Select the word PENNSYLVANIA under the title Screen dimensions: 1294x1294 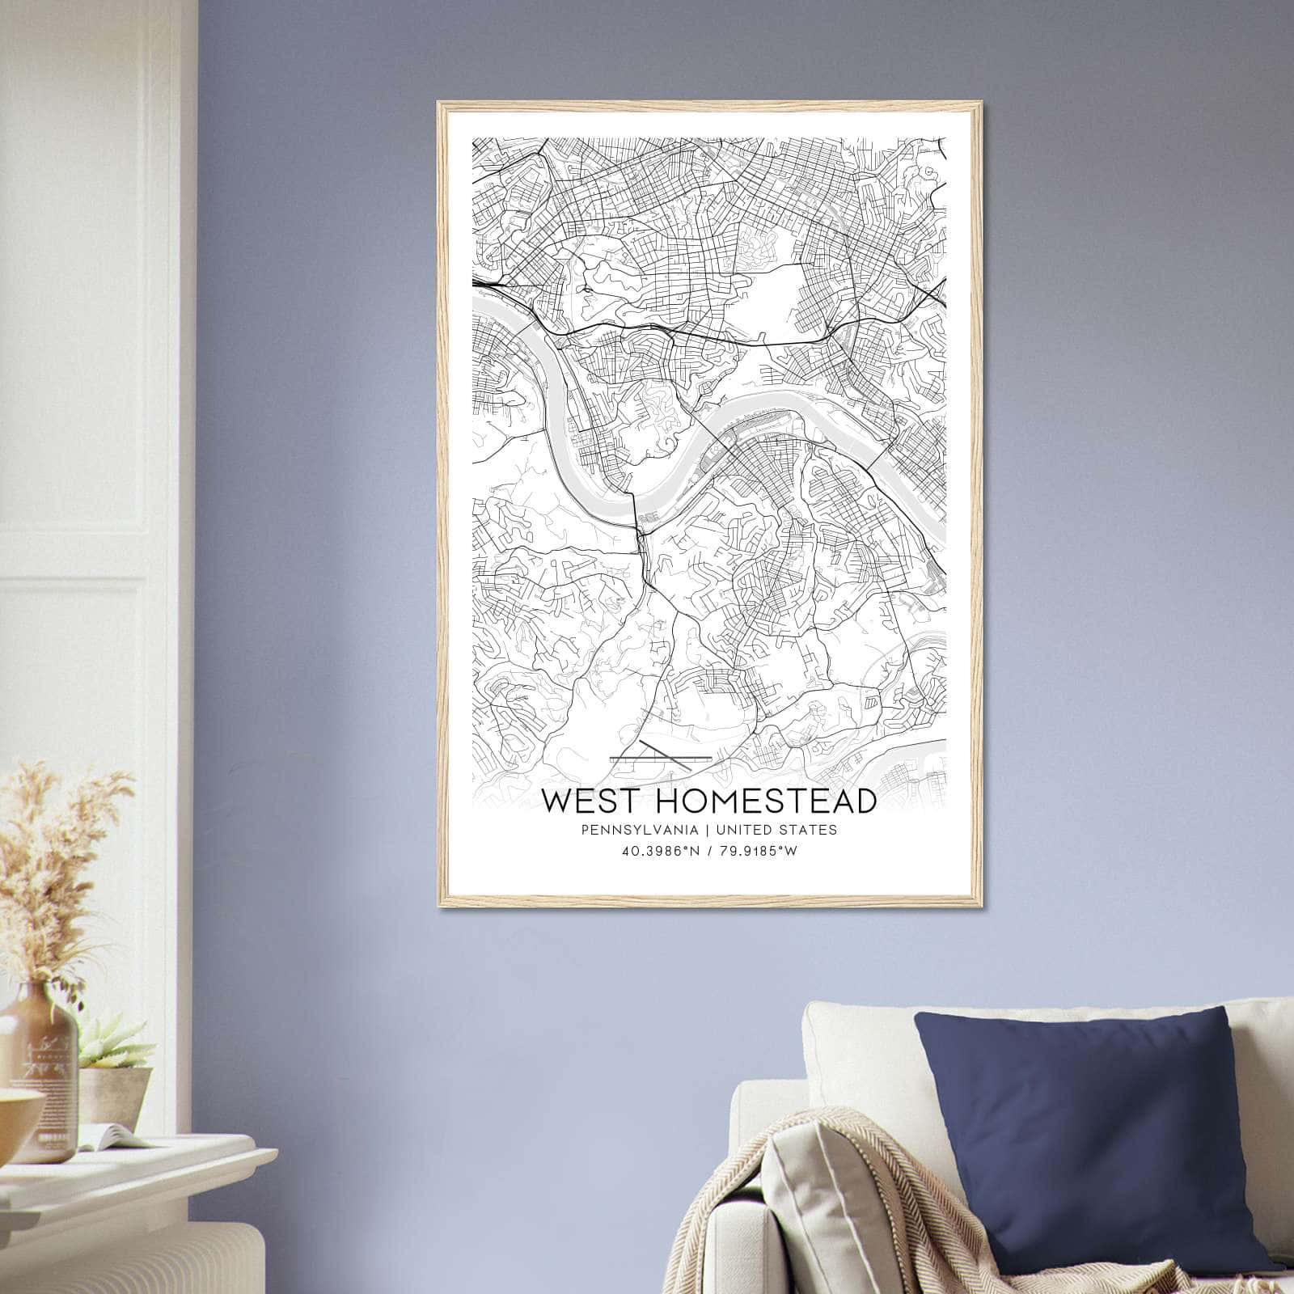636,830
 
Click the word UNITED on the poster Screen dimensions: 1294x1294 743,830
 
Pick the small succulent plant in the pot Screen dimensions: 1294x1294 113,1043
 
